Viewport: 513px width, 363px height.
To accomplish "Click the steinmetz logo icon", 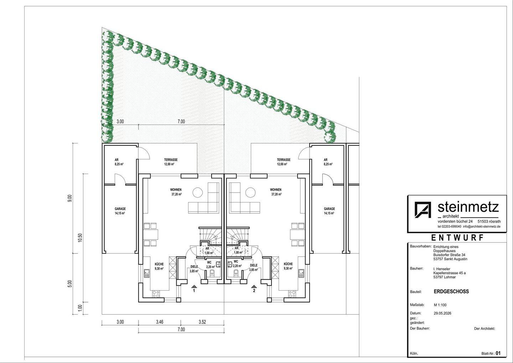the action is coord(423,209).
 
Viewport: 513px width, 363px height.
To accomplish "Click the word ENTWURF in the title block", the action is coord(457,237).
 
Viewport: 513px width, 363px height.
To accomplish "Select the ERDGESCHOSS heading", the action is coord(451,291).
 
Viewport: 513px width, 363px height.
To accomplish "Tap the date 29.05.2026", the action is coord(442,313).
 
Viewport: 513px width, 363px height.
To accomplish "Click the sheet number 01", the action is coord(498,353).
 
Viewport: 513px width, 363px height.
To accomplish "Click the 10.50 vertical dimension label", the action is coord(80,237).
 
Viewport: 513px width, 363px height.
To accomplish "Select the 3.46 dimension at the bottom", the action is coord(160,322).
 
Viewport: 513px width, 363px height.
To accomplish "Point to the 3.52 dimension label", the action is coord(202,322).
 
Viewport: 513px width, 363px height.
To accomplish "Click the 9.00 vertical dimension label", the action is coord(70,198).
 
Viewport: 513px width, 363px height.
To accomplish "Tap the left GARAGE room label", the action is coord(120,209).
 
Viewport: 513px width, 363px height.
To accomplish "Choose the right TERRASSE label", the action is coord(284,160).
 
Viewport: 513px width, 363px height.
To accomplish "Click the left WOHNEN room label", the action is coord(176,189).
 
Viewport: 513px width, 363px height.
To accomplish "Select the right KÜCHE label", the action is coord(288,264).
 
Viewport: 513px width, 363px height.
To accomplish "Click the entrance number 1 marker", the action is coord(194,289).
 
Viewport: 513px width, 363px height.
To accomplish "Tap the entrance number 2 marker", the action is coord(254,289).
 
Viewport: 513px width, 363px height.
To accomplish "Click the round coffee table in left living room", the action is coord(197,192).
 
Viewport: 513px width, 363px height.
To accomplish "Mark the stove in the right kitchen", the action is coord(292,294).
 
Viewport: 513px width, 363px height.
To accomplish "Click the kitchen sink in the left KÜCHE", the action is coord(146,273).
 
